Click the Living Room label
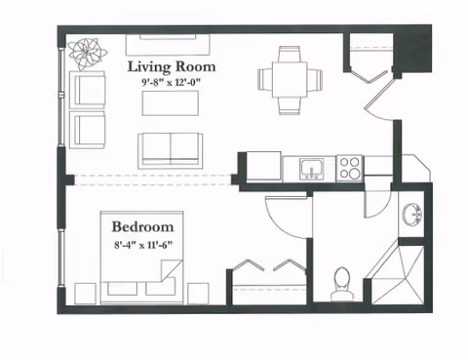[x=172, y=67]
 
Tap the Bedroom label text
[x=142, y=226]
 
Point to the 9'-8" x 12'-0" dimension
[x=171, y=82]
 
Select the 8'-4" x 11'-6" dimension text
[x=143, y=245]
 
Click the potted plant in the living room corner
[x=88, y=54]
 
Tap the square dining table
[x=290, y=80]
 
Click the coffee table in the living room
[x=171, y=103]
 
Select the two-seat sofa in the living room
[x=171, y=150]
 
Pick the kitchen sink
[x=312, y=169]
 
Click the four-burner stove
[x=350, y=168]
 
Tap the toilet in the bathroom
[x=341, y=284]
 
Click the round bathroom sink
[x=412, y=215]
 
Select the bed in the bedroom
[x=141, y=258]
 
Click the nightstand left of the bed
[x=85, y=294]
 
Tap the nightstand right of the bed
[x=198, y=294]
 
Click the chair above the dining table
[x=290, y=54]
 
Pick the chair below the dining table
[x=290, y=106]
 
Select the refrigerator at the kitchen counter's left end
[x=264, y=166]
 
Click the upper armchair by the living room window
[x=88, y=90]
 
